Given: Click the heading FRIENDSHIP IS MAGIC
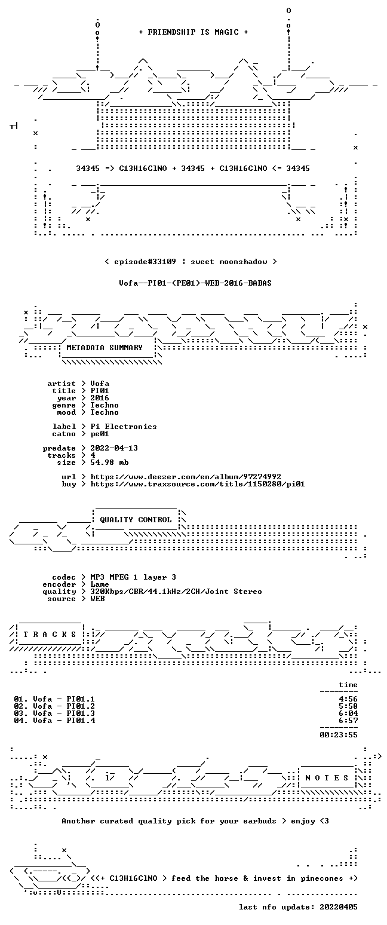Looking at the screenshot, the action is coord(193,32).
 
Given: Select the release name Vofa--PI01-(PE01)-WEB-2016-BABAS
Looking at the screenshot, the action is coord(195,283).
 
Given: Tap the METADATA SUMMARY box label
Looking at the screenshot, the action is coord(105,348).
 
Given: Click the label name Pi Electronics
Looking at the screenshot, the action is coord(124,427).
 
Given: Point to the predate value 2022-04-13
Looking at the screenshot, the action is coord(114,448).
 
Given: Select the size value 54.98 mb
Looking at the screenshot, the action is coord(109,462).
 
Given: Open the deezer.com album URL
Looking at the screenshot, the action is coord(186,477).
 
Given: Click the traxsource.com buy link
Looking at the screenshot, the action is coord(198,484).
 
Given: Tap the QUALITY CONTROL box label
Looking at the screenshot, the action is coord(136,520).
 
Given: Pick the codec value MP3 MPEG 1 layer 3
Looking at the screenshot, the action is coord(133,577).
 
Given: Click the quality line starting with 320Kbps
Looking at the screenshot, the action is coord(176,592).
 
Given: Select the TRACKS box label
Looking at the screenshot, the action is coord(50,635).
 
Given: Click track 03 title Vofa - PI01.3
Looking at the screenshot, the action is coord(64,713).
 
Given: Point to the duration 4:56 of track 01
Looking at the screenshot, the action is coord(348,699).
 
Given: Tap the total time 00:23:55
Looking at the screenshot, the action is coord(339,735).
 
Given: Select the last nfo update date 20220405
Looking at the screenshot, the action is coord(339,907).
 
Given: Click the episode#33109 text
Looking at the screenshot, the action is coord(145,262).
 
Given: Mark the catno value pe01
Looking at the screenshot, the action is coord(100,434).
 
